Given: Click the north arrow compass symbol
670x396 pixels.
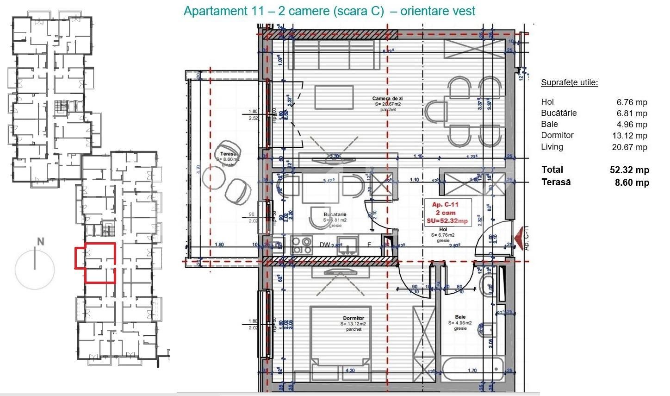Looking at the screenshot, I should click(35, 268).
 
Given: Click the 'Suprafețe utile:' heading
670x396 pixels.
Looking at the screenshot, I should click(569, 83).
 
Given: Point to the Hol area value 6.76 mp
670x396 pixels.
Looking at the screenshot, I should click(632, 102).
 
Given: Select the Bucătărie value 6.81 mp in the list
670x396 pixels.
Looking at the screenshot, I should click(632, 113).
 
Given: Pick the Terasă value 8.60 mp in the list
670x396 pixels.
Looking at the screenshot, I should click(632, 182).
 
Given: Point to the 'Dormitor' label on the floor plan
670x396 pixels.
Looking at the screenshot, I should click(354, 319).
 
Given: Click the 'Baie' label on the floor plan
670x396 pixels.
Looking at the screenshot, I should click(460, 317).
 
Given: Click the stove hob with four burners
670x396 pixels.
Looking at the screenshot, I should click(302, 245).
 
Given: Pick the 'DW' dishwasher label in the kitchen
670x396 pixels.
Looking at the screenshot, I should click(325, 245).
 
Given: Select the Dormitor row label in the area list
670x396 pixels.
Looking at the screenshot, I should click(557, 135).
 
